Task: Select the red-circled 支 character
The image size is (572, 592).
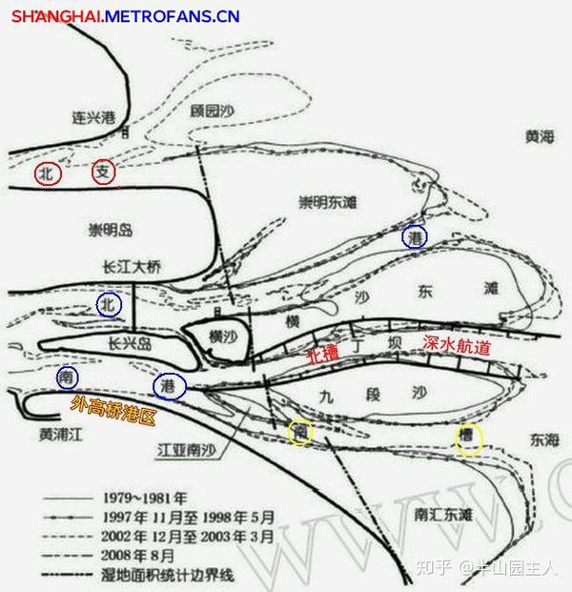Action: pyautogui.click(x=105, y=173)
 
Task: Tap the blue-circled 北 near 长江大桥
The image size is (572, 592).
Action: pyautogui.click(x=112, y=304)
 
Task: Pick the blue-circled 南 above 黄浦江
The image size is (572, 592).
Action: pyautogui.click(x=68, y=378)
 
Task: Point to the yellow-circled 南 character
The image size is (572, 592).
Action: pyautogui.click(x=301, y=432)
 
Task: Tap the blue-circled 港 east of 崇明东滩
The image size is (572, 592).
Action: pyautogui.click(x=415, y=235)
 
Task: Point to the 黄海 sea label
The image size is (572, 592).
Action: pyautogui.click(x=539, y=136)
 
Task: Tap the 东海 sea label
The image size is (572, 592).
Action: pyautogui.click(x=540, y=438)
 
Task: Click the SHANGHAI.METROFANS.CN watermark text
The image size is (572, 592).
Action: pyautogui.click(x=126, y=16)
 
